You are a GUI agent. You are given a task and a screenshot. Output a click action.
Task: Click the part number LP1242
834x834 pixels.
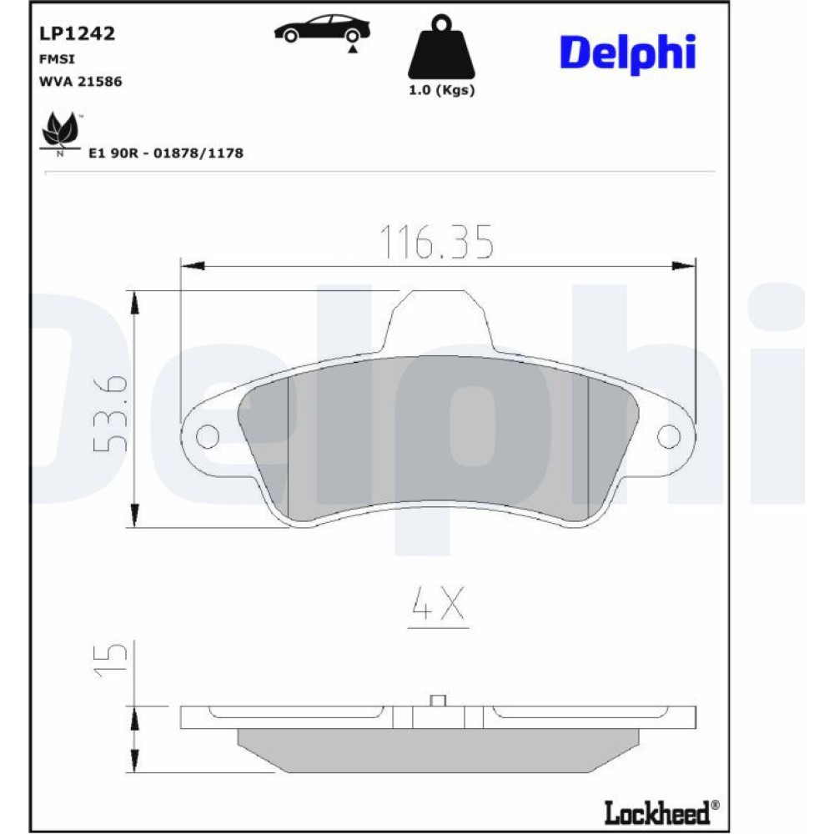click(77, 33)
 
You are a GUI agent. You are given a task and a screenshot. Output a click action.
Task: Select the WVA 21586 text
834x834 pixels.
click(81, 82)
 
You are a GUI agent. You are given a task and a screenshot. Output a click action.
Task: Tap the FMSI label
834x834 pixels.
click(57, 59)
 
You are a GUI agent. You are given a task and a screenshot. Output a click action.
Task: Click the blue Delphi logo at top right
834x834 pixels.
click(628, 53)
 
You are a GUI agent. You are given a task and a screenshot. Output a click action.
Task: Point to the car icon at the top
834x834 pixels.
click(322, 28)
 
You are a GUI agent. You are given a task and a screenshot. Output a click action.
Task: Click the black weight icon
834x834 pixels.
click(441, 47)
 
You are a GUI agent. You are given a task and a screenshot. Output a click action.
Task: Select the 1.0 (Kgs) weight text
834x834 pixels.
click(441, 90)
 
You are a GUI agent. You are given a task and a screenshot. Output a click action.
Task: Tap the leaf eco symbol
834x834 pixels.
click(61, 132)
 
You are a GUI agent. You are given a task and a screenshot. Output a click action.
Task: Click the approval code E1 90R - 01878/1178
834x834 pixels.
click(166, 153)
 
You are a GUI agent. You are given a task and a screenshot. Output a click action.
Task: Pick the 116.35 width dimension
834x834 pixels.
click(437, 242)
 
